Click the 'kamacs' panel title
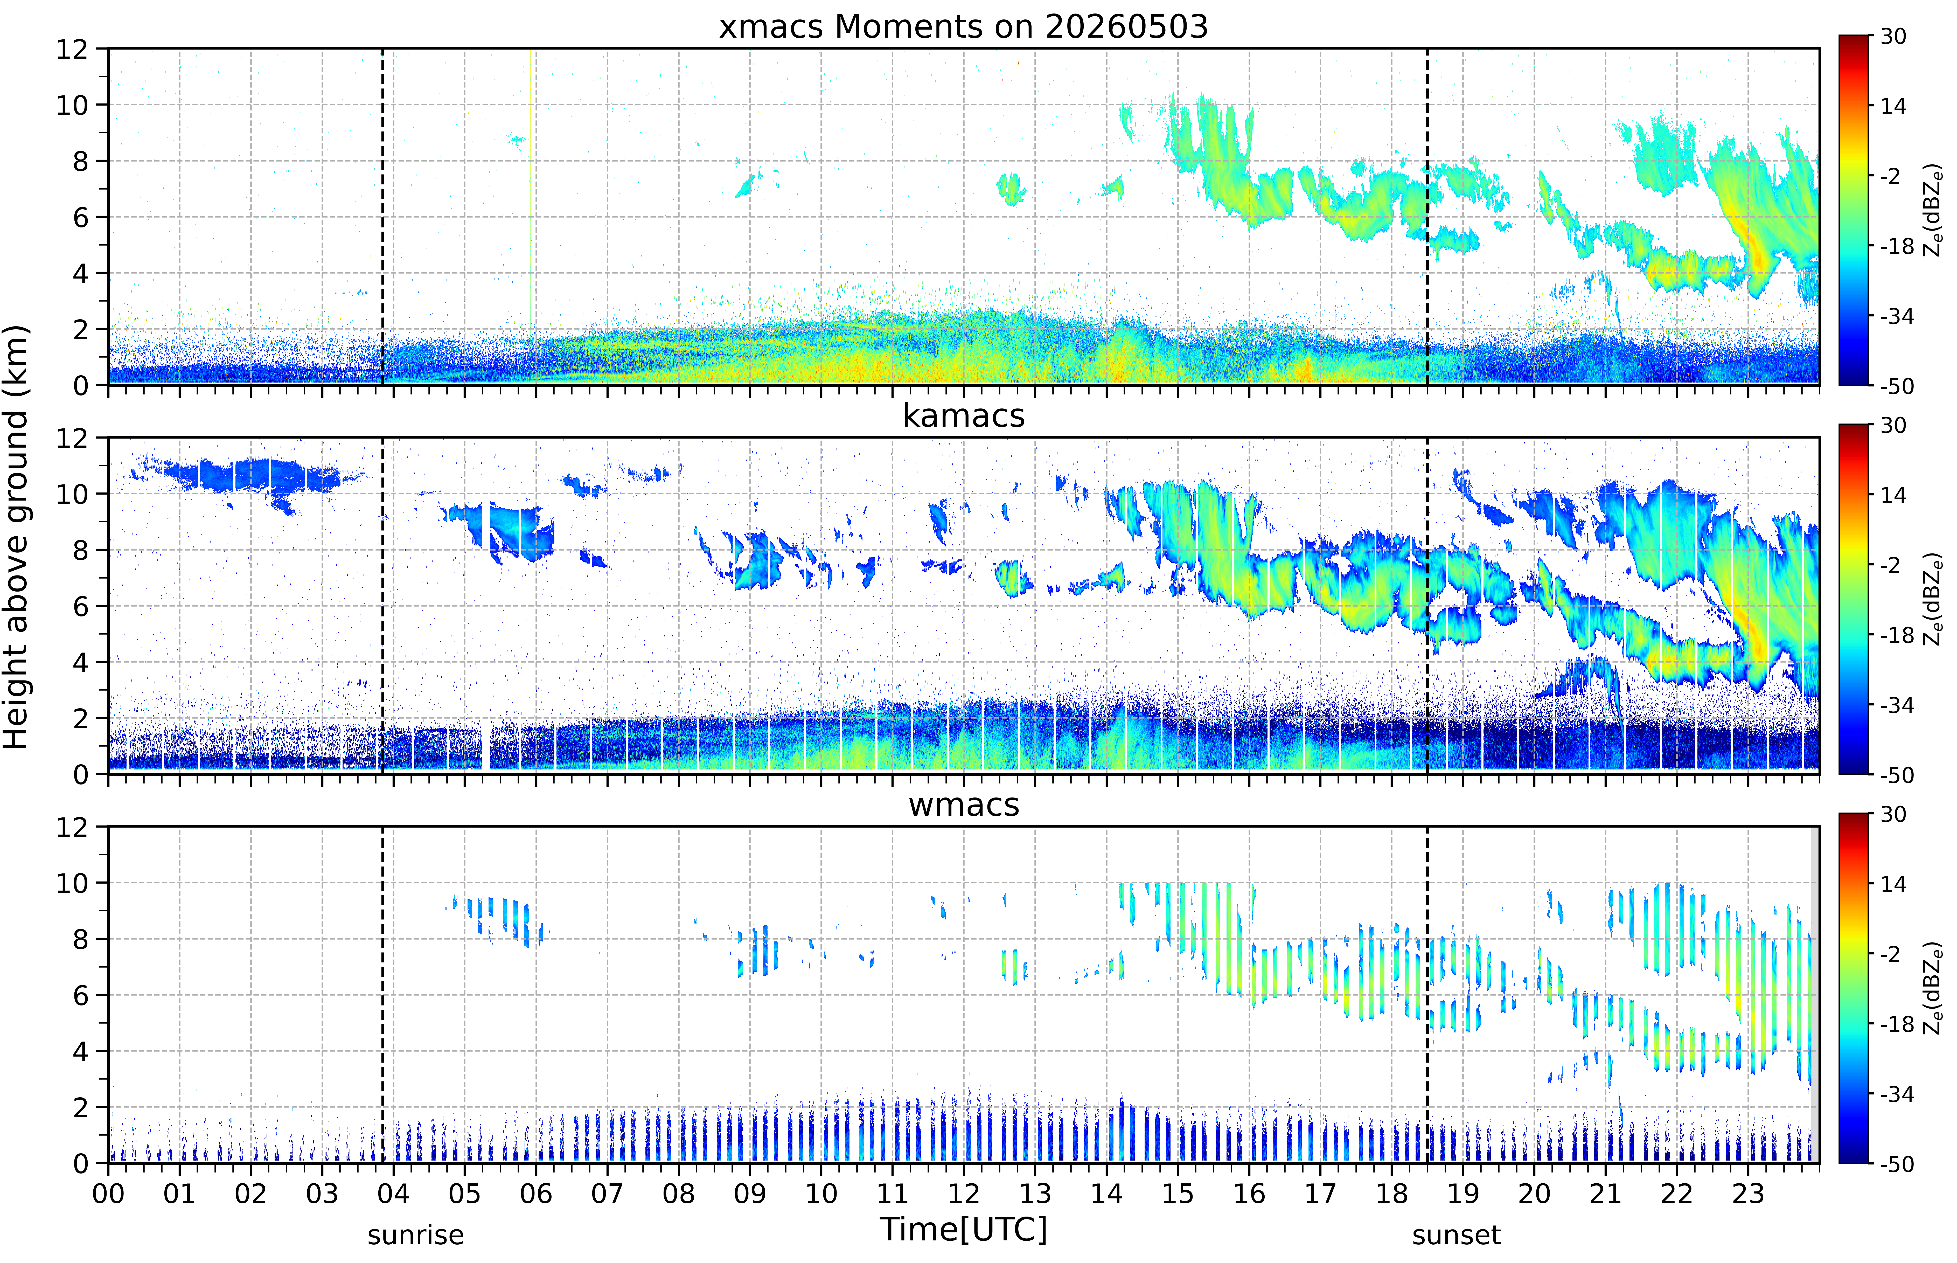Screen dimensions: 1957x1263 tap(963, 416)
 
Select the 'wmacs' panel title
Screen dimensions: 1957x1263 tap(963, 804)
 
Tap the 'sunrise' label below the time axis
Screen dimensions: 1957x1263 tap(416, 1234)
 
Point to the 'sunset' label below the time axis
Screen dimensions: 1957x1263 tap(1456, 1234)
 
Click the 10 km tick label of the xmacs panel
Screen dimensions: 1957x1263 tap(71, 105)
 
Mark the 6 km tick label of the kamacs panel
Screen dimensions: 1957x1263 tap(80, 606)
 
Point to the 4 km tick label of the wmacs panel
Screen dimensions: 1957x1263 tap(80, 1051)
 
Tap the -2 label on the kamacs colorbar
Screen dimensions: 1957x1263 tap(1890, 565)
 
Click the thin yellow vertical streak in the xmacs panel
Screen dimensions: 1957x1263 tap(531, 189)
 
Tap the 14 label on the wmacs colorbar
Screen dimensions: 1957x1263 tap(1893, 884)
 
